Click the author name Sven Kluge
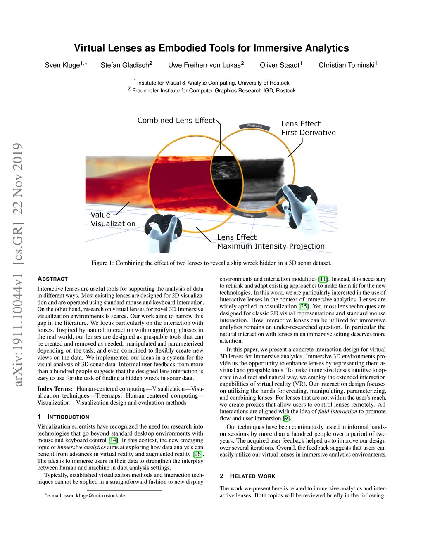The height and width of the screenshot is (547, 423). (x=62, y=65)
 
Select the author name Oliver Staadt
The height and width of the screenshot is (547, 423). (x=280, y=65)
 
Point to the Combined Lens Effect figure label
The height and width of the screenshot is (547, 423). (x=176, y=121)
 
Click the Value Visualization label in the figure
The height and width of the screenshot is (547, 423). (x=112, y=219)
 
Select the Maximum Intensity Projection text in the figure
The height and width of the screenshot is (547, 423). (x=271, y=246)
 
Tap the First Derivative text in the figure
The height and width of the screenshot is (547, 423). (x=308, y=133)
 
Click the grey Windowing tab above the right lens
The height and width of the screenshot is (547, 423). (x=254, y=126)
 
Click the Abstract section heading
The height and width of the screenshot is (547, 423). (x=52, y=279)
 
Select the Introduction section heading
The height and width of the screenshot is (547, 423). (x=68, y=417)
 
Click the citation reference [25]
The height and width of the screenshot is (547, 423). (x=304, y=306)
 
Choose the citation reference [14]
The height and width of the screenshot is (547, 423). (x=113, y=440)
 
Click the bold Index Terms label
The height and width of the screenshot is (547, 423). (x=55, y=389)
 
